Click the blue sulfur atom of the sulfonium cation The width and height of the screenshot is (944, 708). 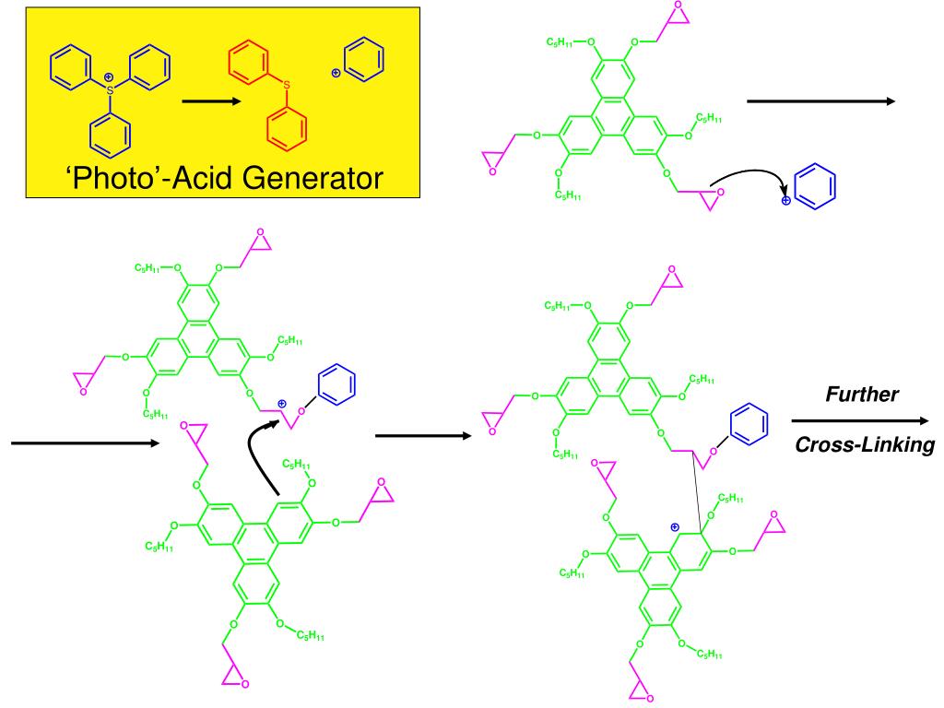pyautogui.click(x=110, y=89)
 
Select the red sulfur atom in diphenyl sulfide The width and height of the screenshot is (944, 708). pyautogui.click(x=286, y=86)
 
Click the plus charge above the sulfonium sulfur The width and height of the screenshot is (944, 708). pyautogui.click(x=109, y=76)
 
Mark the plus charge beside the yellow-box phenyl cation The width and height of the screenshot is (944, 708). pyautogui.click(x=336, y=71)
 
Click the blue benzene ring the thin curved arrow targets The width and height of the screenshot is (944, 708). pyautogui.click(x=816, y=187)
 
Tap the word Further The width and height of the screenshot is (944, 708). pyautogui.click(x=862, y=395)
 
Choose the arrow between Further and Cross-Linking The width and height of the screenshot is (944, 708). pyautogui.click(x=863, y=420)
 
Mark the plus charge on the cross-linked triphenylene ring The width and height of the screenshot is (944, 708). pyautogui.click(x=675, y=526)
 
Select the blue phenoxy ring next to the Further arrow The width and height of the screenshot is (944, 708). pyautogui.click(x=746, y=425)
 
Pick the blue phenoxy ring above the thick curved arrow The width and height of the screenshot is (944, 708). pyautogui.click(x=336, y=384)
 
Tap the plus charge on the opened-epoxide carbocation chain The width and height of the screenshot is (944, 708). pyautogui.click(x=282, y=404)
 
